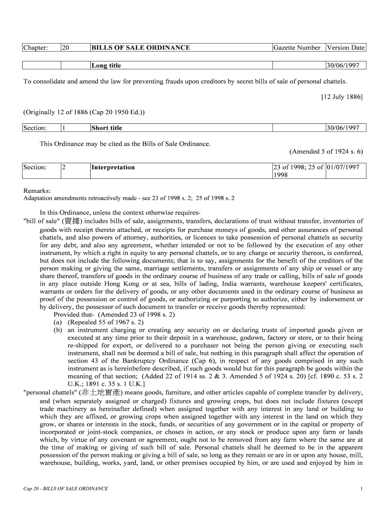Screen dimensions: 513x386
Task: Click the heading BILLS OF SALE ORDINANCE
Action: (140, 48)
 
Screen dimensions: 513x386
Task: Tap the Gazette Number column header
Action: (297, 48)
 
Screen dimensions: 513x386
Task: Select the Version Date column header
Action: (345, 48)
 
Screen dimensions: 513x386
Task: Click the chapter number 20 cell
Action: (65, 48)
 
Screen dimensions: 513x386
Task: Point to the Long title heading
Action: (106, 65)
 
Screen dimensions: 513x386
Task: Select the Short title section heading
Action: (107, 128)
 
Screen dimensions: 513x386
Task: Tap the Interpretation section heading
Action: (113, 167)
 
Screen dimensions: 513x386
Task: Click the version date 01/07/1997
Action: (343, 167)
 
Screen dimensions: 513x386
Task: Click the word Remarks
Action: (37, 190)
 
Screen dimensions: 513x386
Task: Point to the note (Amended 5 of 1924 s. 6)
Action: (326, 151)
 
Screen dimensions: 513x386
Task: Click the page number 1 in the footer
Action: (361, 488)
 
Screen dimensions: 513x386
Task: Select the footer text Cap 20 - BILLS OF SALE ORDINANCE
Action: (66, 488)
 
